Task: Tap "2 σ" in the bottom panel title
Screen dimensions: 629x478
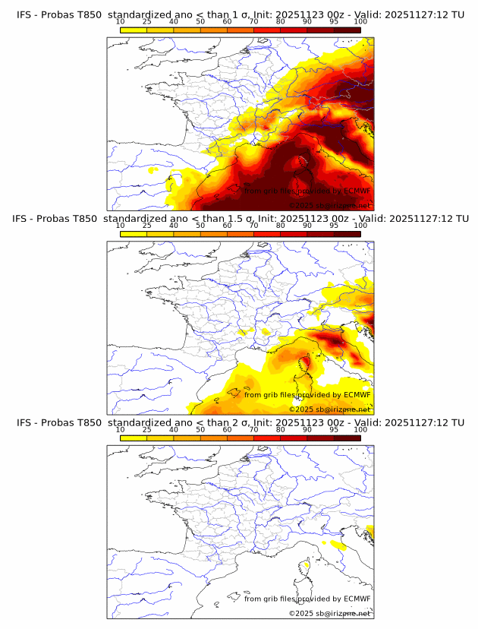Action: [x=245, y=422]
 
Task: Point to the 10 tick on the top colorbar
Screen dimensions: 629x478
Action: [x=120, y=22]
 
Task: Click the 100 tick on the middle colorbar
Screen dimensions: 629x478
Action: [x=360, y=226]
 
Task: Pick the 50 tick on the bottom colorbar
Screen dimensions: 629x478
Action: [x=200, y=429]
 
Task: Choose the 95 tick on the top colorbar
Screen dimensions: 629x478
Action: [x=334, y=22]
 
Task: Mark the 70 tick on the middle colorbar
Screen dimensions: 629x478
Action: [x=253, y=226]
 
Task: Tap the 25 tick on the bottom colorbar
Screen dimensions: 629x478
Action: [x=146, y=429]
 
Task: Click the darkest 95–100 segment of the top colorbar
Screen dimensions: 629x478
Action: [x=347, y=30]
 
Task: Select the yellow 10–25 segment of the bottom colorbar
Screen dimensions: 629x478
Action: [x=134, y=438]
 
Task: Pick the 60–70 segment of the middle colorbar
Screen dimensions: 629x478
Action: [x=241, y=233]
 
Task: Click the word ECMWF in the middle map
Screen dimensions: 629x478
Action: [x=357, y=394]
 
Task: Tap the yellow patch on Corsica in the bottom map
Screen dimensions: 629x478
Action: [x=307, y=564]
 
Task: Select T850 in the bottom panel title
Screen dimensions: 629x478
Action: [x=89, y=422]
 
